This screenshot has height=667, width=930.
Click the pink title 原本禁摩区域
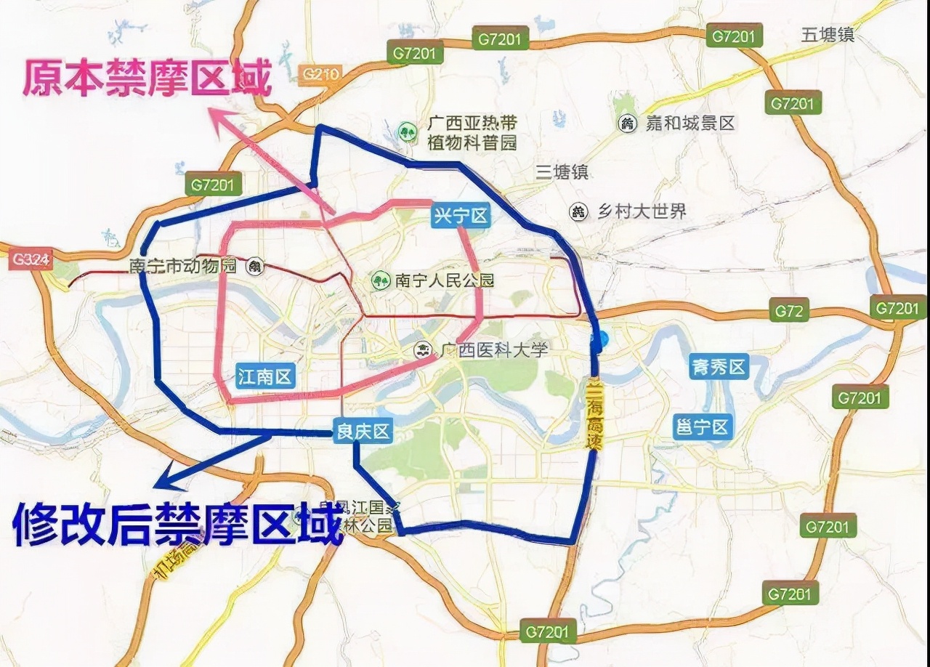pos(147,78)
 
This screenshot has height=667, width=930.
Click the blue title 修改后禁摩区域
pos(178,524)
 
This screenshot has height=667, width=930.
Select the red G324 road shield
pos(31,259)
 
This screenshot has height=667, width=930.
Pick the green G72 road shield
pos(788,312)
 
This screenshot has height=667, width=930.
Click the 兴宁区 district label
pos(461,216)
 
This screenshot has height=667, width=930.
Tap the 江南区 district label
pos(265,376)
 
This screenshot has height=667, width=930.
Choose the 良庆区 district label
pos(363,432)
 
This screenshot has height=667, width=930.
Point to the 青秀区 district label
pos(719,367)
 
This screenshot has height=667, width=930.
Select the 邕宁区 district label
pos(702,427)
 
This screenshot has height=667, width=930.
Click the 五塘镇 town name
pos(828,34)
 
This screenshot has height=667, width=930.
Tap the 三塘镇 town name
pos(562,172)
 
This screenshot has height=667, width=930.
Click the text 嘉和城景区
pos(690,124)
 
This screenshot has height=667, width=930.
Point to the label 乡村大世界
pos(641,211)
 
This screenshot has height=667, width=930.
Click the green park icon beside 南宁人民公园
pos(379,280)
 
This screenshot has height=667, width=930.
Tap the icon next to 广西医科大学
pos(421,351)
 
